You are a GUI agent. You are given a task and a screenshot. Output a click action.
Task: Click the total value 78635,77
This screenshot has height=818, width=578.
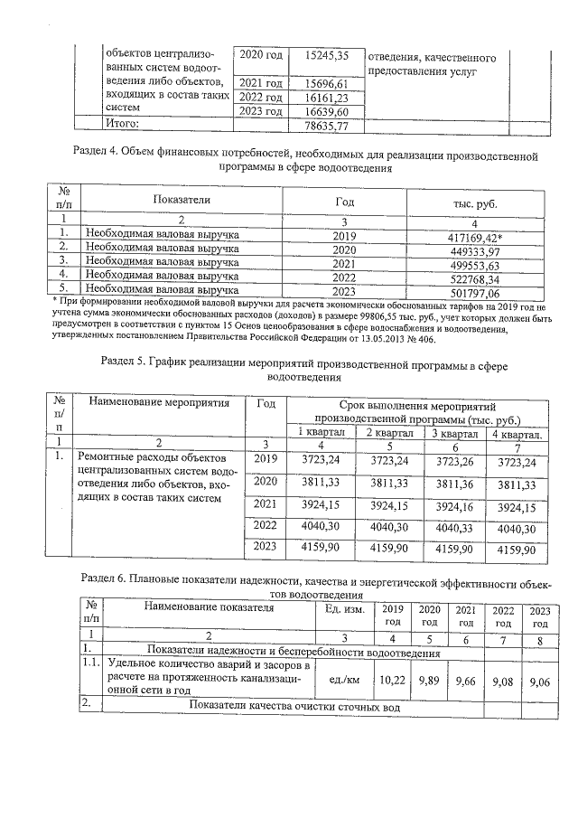point(327,126)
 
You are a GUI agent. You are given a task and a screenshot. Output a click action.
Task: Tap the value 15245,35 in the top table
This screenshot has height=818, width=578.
point(327,55)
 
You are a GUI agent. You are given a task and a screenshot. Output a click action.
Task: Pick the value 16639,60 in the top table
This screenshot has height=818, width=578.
point(327,111)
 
